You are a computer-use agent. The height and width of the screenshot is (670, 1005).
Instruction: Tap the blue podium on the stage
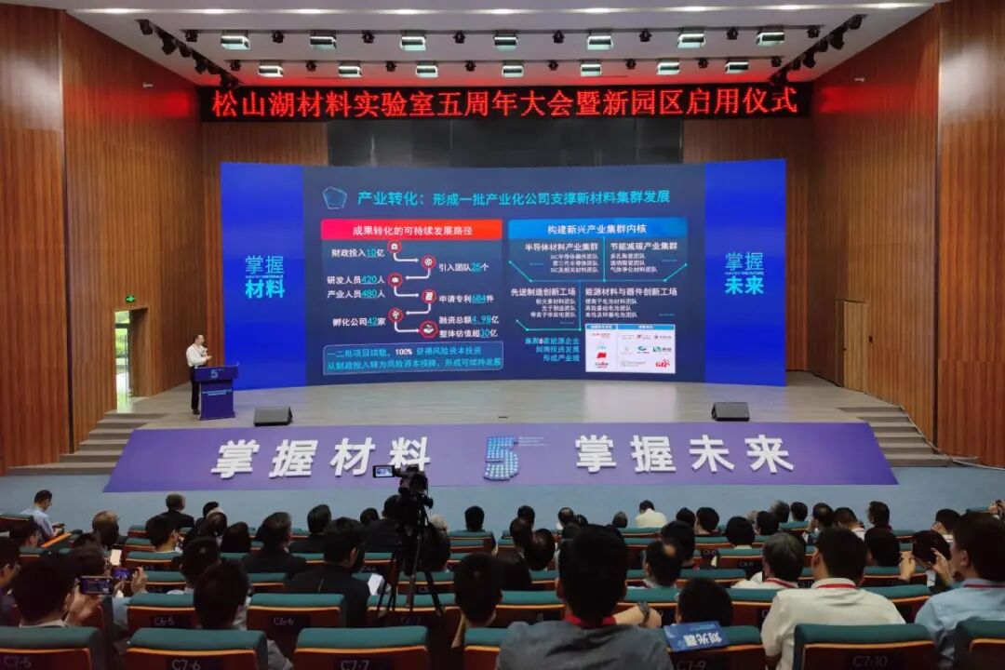(x=216, y=391)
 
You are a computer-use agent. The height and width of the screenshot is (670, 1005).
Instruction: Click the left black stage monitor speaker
(x=272, y=415)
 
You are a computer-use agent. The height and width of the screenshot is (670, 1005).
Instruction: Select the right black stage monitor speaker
(x=730, y=411)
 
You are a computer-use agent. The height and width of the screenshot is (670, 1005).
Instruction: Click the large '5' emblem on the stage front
(x=501, y=458)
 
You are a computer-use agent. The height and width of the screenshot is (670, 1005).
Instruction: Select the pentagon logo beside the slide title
(x=335, y=197)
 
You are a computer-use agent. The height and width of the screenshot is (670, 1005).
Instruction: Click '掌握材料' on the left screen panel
(x=264, y=276)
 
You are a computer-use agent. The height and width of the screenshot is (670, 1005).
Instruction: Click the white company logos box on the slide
(x=630, y=349)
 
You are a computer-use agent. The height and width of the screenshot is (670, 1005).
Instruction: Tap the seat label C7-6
(x=186, y=663)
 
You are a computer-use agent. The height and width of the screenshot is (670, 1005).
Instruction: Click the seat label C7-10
(x=869, y=662)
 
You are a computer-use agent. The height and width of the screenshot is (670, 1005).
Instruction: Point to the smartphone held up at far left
(x=96, y=585)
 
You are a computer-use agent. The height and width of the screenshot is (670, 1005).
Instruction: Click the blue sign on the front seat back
(x=694, y=636)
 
